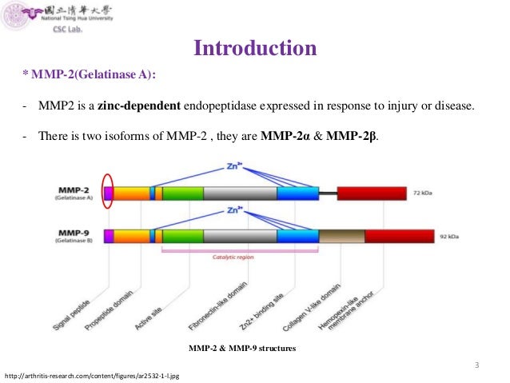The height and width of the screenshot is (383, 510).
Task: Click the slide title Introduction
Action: click(256, 49)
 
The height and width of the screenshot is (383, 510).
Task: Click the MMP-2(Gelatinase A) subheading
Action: click(90, 75)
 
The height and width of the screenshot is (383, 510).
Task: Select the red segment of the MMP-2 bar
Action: click(372, 193)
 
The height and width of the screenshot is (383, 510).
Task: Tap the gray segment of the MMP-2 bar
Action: click(240, 193)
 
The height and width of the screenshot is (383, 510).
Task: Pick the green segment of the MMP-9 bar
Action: click(183, 236)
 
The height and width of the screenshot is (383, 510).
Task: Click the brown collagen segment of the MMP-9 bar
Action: click(341, 236)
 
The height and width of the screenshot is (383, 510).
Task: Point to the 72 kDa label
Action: click(423, 193)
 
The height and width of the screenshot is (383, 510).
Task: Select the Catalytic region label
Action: click(233, 257)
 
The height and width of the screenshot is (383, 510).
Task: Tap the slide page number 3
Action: click(476, 365)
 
